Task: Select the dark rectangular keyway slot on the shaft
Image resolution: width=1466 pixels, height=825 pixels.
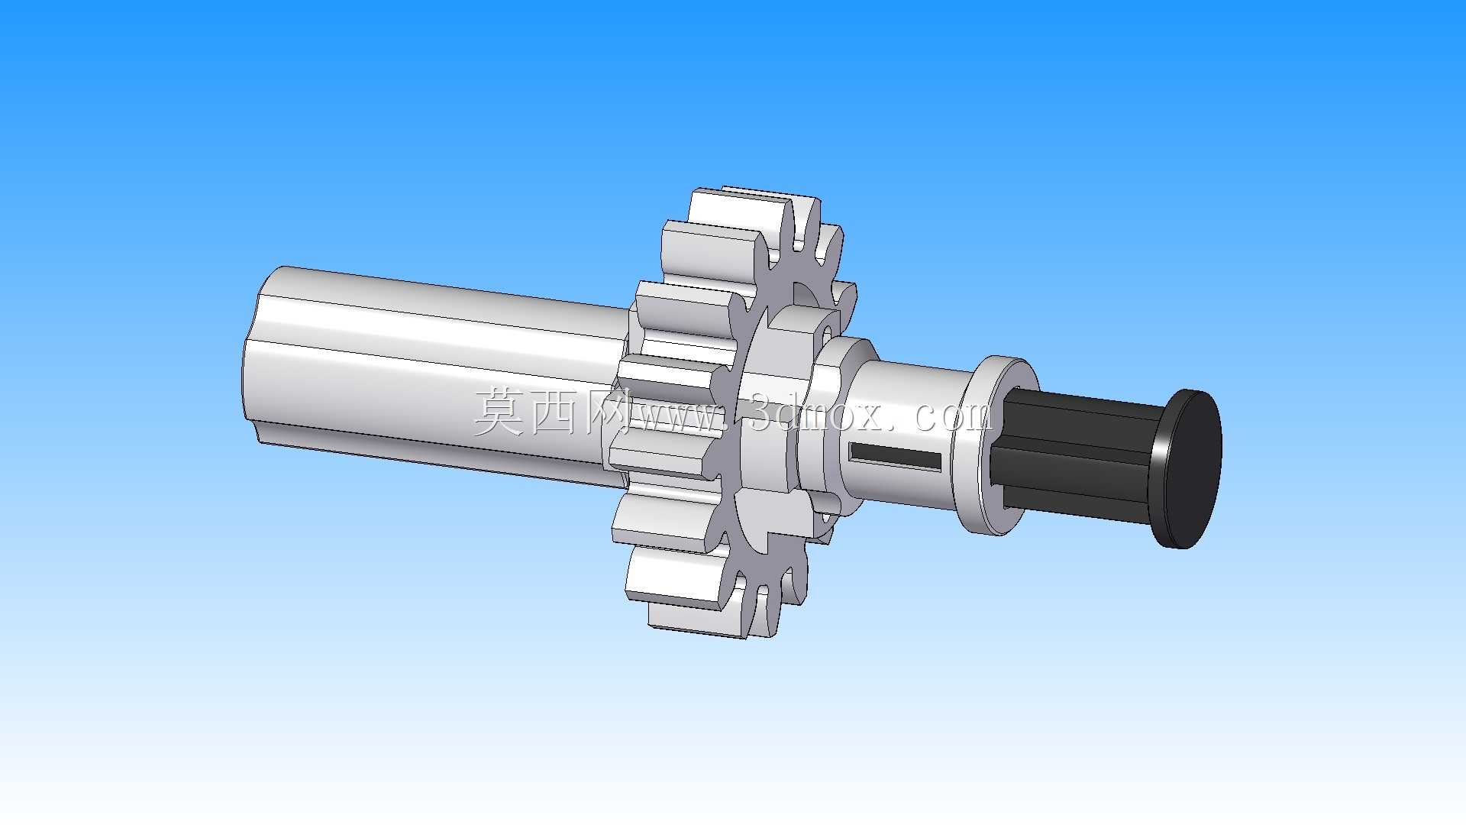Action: coord(896,456)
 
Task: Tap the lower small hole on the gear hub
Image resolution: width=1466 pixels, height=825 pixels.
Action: coord(825,519)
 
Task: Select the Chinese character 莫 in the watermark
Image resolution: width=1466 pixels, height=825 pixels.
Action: coord(499,412)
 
